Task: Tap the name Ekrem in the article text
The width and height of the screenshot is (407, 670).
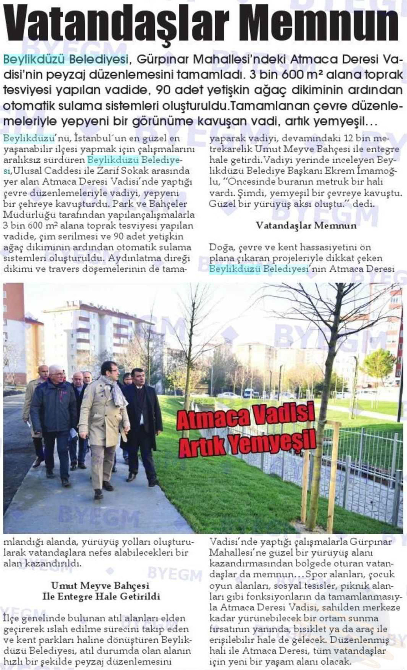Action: pos(341,171)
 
